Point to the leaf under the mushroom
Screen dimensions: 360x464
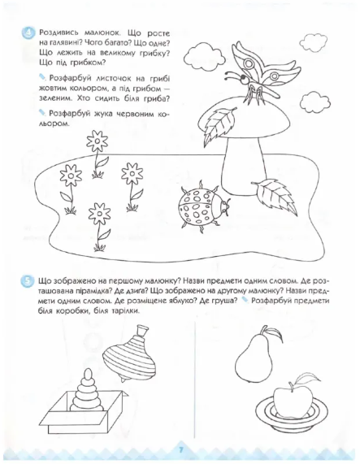click(x=275, y=194)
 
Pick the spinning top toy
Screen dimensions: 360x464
click(x=129, y=353)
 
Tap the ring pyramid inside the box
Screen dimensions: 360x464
click(x=88, y=390)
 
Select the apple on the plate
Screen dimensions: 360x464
click(x=293, y=397)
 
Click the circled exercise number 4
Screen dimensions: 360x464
click(x=28, y=33)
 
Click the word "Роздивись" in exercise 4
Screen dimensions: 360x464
click(x=59, y=33)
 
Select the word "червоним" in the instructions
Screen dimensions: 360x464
click(x=135, y=114)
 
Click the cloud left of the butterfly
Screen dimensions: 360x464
click(x=203, y=54)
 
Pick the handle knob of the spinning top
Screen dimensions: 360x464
click(x=141, y=330)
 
